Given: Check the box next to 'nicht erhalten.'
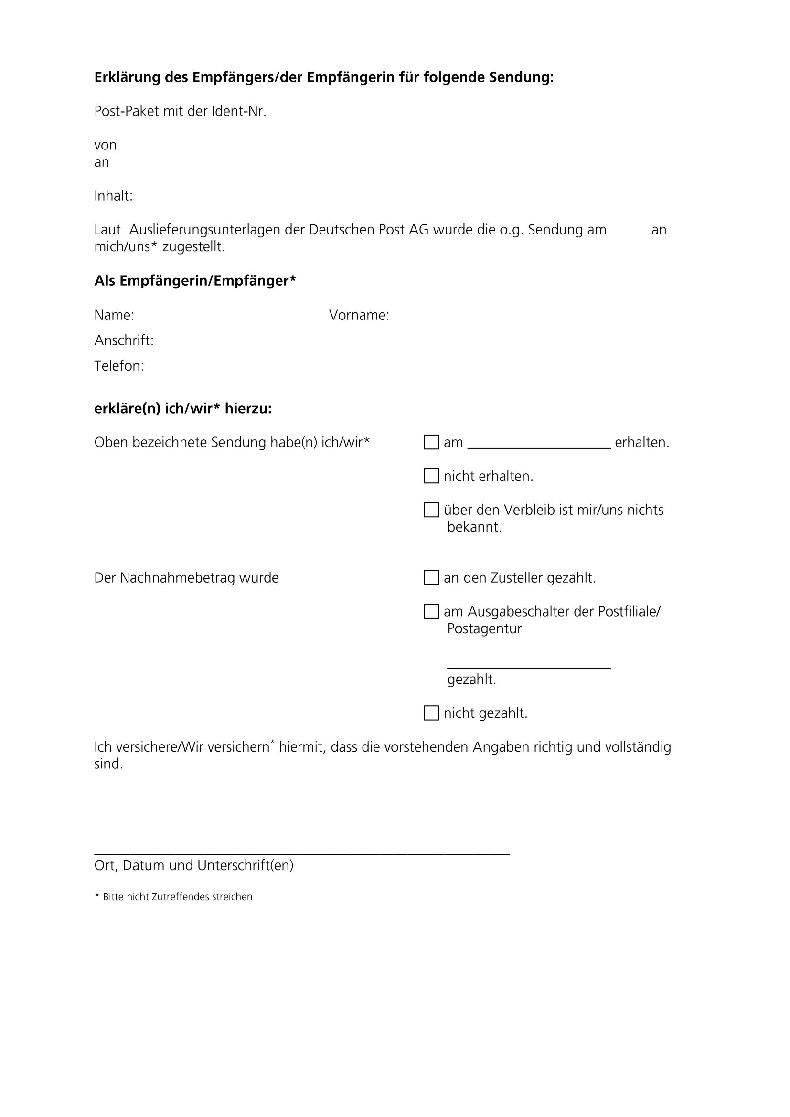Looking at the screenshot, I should pos(431,476).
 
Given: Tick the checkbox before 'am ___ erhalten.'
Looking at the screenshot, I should pos(431,442).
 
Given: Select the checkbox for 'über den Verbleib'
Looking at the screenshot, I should pos(431,510).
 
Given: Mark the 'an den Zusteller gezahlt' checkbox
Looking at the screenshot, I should pos(431,577).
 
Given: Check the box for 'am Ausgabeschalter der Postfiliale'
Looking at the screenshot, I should pos(431,612).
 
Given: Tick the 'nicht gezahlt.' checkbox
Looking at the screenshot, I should pos(431,713).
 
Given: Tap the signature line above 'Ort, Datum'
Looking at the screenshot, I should pos(301,854).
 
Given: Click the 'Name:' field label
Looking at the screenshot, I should pos(114,315).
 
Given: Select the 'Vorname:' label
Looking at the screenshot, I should pos(359,315).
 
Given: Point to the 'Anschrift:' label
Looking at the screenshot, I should pos(124,340).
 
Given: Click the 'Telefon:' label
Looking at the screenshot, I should pos(119,366).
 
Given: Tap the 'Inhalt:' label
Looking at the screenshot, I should pos(113,196).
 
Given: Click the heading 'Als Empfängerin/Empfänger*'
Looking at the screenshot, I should pos(195,281).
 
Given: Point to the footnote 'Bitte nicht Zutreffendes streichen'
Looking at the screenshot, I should pos(177,897).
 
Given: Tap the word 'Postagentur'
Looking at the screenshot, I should pos(484,628).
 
